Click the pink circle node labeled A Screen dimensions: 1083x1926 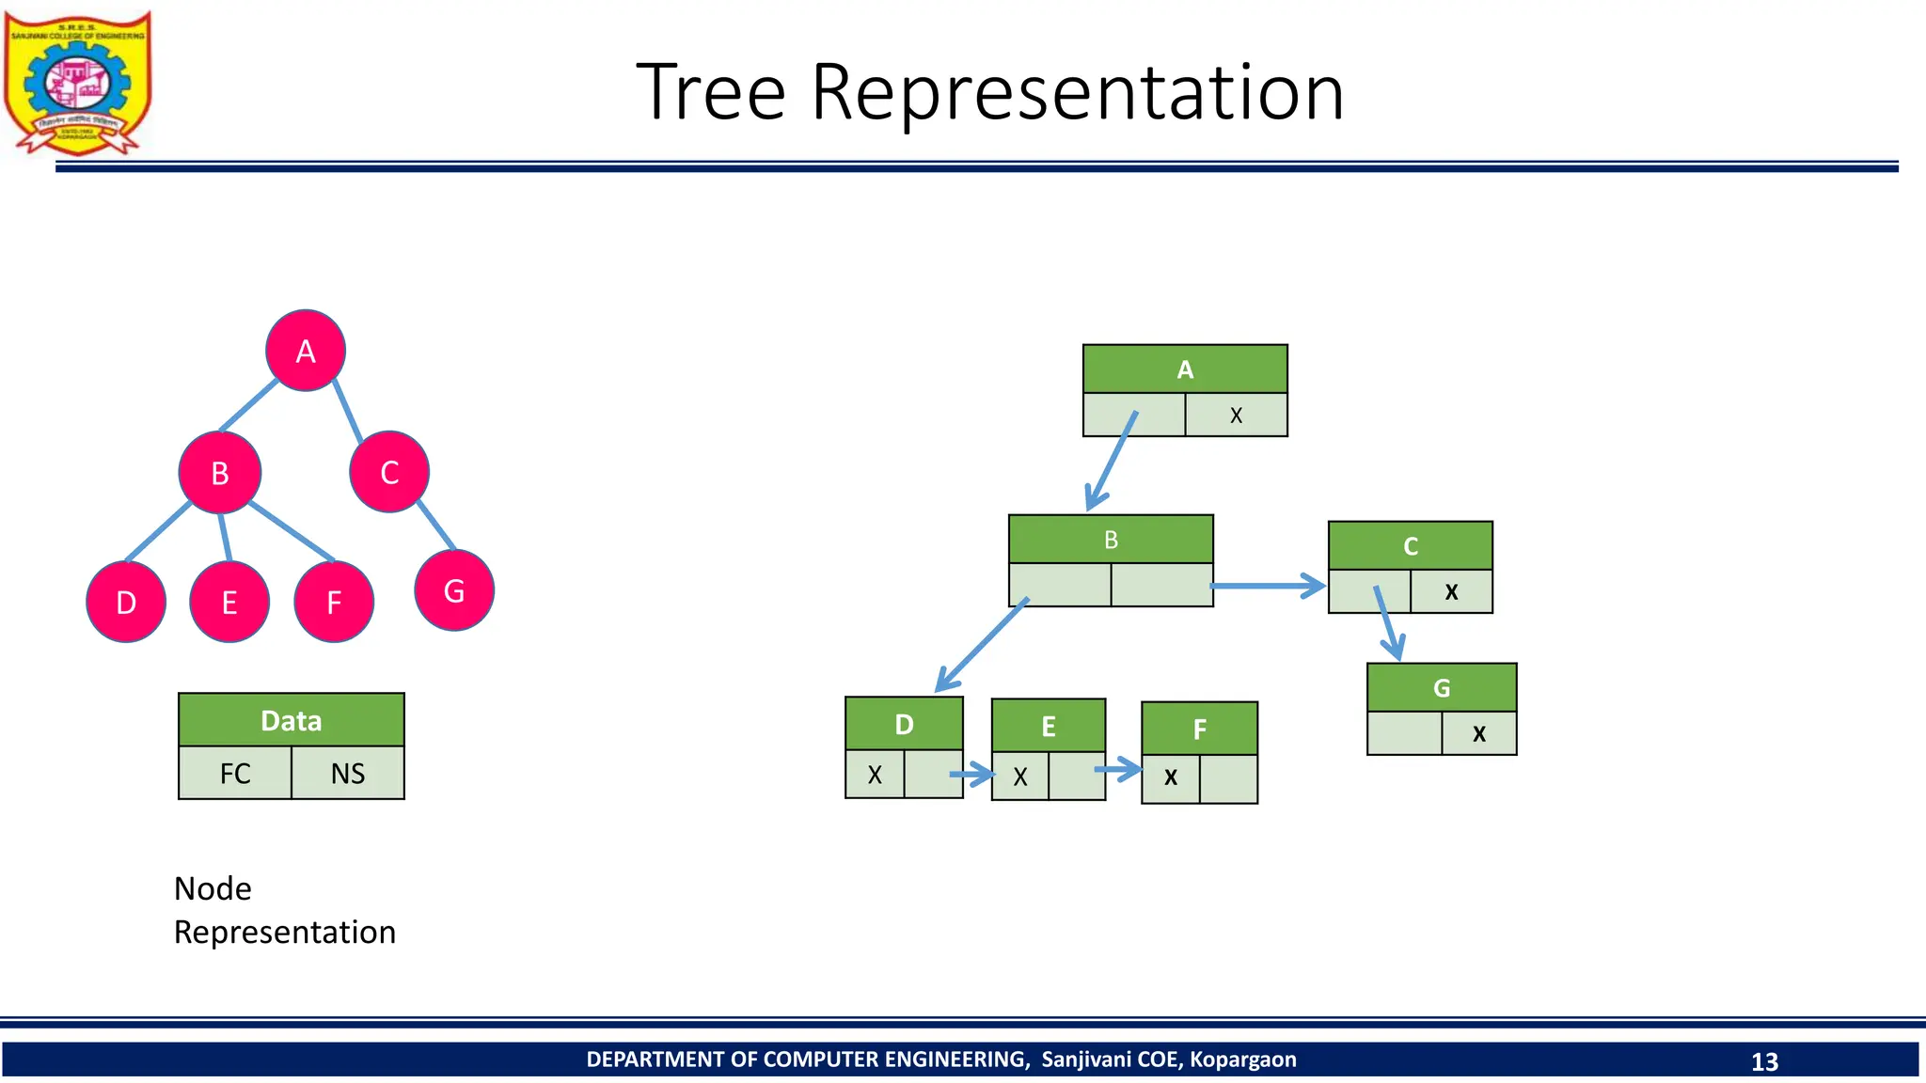point(306,351)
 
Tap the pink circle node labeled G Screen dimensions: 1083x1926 point(454,590)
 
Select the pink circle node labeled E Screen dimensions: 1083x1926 point(229,602)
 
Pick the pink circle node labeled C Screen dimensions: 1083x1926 point(389,472)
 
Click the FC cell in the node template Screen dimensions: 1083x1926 point(235,773)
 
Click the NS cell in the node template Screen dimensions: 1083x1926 point(348,773)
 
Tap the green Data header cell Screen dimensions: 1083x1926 point(292,720)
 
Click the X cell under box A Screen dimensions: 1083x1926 point(1236,415)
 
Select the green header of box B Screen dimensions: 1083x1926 point(1111,540)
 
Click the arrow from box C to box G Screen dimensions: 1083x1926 point(1388,622)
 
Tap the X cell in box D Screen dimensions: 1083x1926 point(875,775)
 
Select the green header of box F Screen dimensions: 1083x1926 point(1199,729)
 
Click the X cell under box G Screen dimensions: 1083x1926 point(1479,733)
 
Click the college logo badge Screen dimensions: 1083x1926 point(77,83)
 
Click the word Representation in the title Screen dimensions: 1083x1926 point(1078,92)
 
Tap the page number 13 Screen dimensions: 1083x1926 point(1764,1061)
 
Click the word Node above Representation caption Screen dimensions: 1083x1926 point(213,888)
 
